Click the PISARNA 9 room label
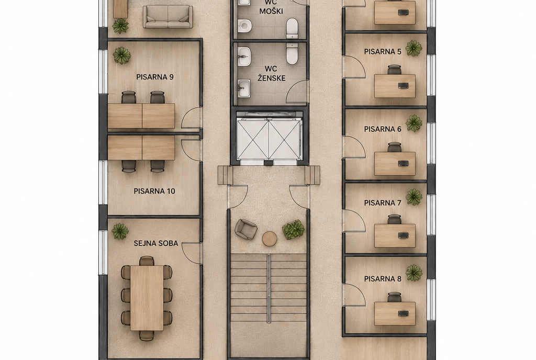tap(155, 77)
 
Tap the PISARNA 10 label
tap(154, 191)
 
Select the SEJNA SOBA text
tap(156, 243)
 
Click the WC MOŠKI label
tap(271, 7)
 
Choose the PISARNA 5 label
tap(383, 52)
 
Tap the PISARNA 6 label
tap(383, 129)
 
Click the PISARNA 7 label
tap(383, 203)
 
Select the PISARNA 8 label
tap(383, 279)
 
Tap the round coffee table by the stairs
tap(270, 239)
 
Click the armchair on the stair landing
tap(246, 229)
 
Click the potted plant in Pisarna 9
tap(121, 55)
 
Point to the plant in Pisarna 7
tap(414, 197)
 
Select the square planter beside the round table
tap(293, 230)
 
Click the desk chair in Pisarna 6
tap(395, 147)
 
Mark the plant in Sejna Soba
tap(120, 231)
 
